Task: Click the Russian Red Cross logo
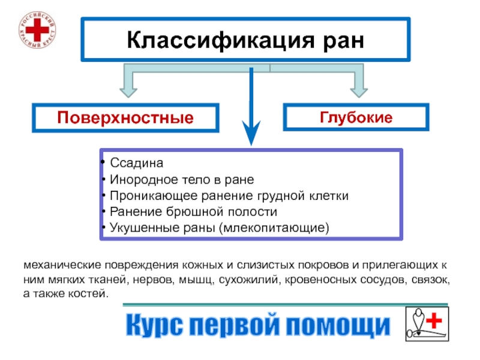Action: (37, 29)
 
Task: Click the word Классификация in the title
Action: (221, 40)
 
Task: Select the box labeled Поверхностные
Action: (125, 118)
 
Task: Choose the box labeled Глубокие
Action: (356, 117)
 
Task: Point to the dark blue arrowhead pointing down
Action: (251, 132)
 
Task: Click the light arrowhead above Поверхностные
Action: (128, 92)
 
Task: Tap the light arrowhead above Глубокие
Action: (359, 92)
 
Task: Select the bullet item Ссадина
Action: (137, 163)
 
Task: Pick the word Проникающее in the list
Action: (154, 196)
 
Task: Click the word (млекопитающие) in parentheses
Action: (274, 228)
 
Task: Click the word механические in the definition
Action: (62, 265)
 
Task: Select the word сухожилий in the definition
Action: (250, 280)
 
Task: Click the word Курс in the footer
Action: (155, 325)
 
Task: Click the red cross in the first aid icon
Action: (434, 320)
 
